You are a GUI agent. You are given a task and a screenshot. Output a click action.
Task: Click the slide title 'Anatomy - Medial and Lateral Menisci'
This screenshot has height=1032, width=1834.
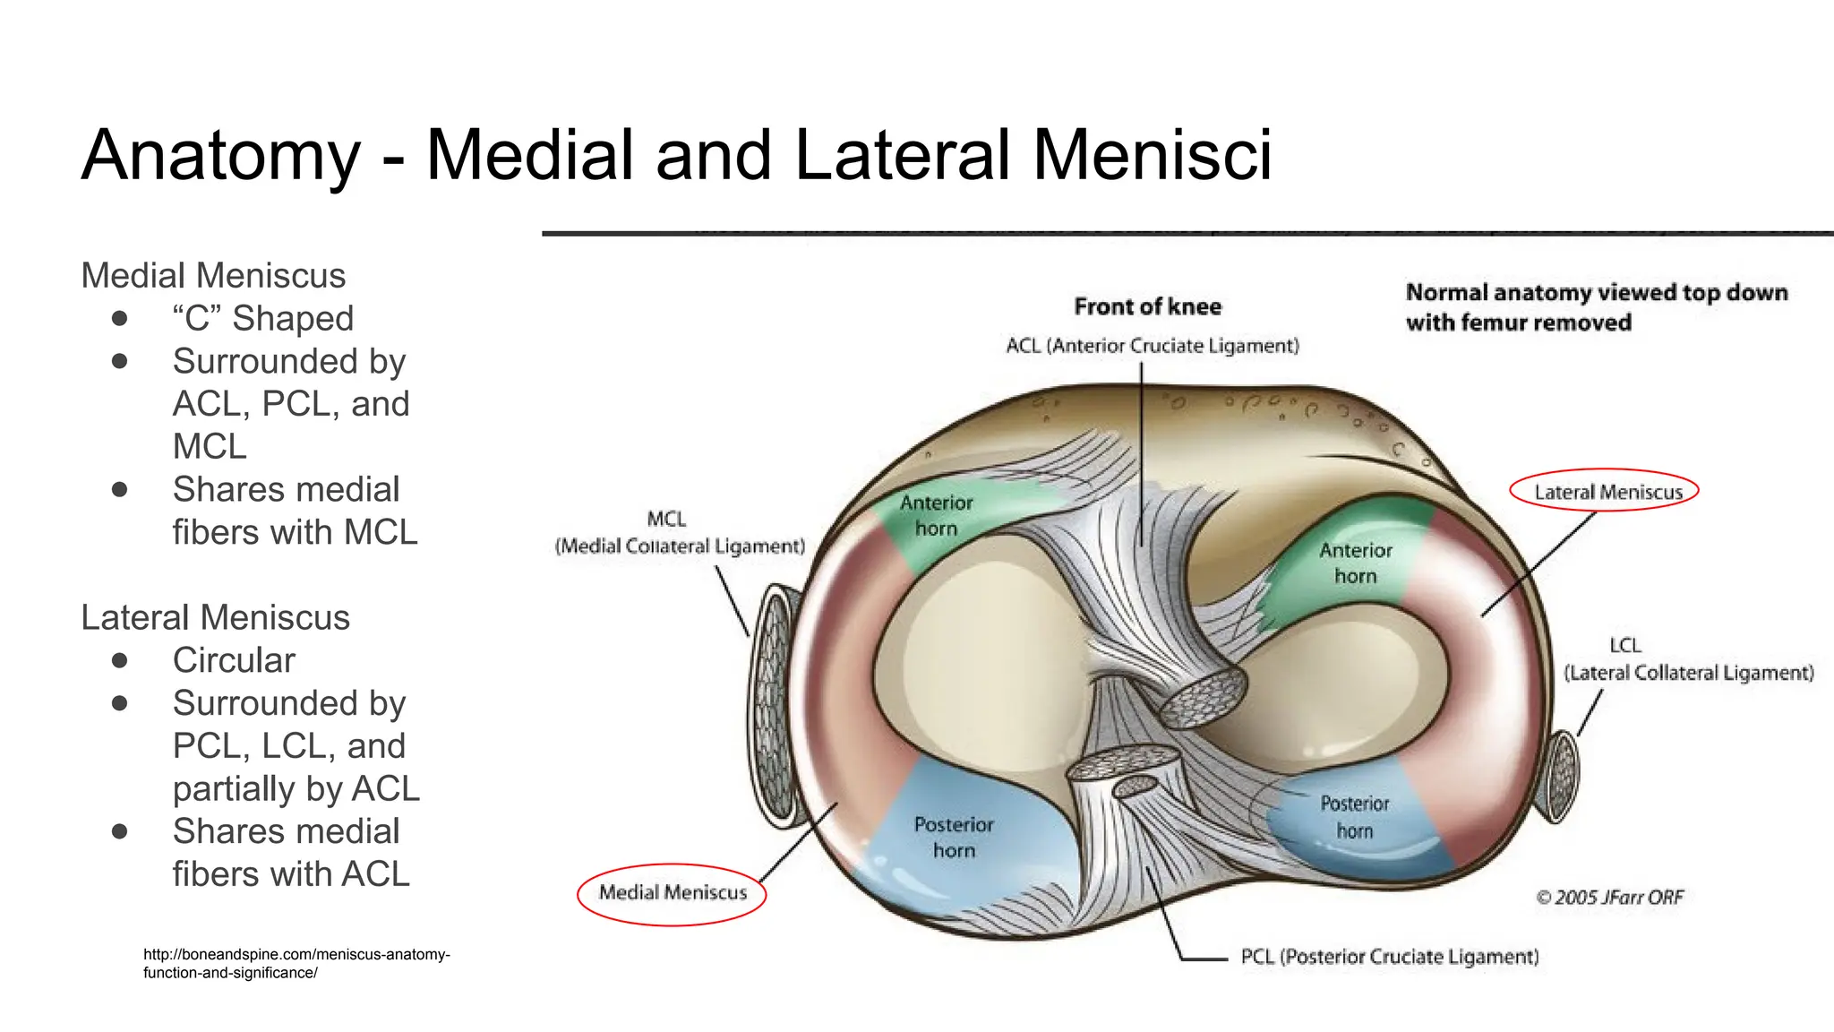(x=676, y=155)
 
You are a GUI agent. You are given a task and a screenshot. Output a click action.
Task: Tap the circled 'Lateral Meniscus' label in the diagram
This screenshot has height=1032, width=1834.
(x=1607, y=492)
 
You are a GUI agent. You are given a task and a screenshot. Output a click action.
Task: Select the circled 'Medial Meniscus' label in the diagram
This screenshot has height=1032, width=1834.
(x=673, y=892)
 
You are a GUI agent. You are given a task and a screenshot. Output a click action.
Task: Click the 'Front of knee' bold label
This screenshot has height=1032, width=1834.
(x=1147, y=307)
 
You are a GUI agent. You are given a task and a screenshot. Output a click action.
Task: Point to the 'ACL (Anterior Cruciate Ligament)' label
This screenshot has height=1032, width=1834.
(x=1152, y=346)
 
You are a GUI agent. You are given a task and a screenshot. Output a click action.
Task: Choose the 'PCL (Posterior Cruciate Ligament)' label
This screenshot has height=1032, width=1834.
(x=1389, y=957)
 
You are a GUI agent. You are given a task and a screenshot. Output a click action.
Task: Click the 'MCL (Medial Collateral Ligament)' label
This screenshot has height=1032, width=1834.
(x=680, y=532)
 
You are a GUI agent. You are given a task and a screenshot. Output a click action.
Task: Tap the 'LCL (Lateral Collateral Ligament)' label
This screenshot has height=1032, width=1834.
(x=1688, y=659)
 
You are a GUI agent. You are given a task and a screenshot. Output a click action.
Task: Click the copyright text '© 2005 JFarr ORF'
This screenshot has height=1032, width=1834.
(x=1609, y=898)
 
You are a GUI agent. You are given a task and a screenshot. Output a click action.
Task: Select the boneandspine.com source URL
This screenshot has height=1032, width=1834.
(x=296, y=963)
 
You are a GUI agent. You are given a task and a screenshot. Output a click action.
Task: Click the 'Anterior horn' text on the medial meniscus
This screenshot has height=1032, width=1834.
(x=936, y=516)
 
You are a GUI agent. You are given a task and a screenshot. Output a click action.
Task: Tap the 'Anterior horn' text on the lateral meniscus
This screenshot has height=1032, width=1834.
(x=1355, y=563)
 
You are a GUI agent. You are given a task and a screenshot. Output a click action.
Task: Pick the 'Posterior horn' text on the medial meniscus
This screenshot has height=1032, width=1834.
(x=954, y=837)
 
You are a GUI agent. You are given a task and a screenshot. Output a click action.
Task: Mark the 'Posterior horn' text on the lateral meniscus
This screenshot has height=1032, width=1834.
(x=1354, y=817)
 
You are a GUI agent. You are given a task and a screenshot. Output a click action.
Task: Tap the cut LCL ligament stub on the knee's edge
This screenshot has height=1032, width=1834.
(x=1563, y=776)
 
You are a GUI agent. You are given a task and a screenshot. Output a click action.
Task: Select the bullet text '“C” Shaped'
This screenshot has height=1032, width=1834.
(x=263, y=318)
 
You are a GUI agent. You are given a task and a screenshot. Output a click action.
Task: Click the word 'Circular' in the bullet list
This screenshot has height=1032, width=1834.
(x=234, y=660)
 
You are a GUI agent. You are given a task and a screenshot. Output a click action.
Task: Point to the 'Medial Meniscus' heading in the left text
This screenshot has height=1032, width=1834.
(x=213, y=276)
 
